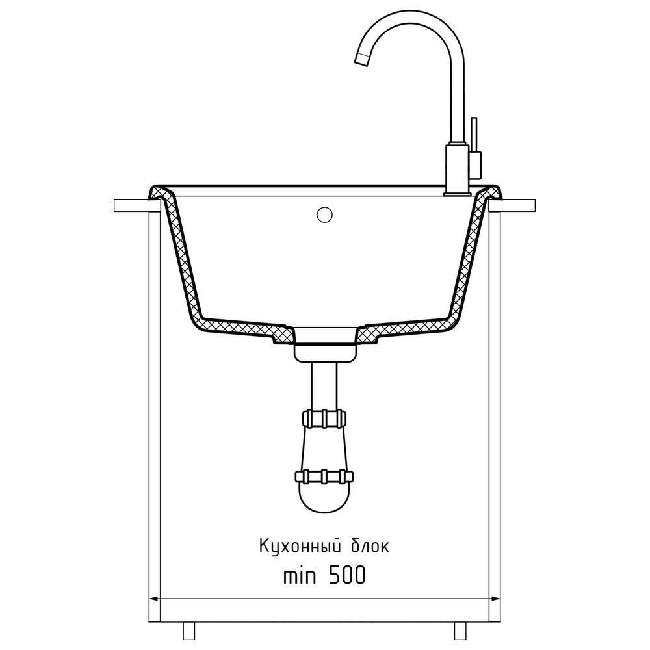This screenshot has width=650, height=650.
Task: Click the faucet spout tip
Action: pos(362,59)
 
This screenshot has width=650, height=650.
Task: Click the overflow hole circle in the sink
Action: pos(324,214)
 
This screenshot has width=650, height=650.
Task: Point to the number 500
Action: pos(347,575)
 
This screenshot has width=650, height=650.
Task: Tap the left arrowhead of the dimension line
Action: pos(154,599)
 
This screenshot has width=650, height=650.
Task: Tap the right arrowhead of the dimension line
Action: pos(495,599)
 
